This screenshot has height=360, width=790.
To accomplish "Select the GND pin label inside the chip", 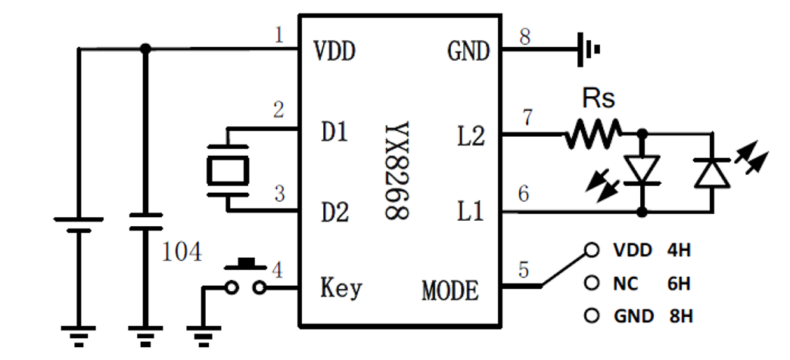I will [468, 52].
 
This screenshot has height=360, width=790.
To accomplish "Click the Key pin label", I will [341, 288].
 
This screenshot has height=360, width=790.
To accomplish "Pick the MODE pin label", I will [450, 290].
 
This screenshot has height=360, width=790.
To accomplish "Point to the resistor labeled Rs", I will [591, 135].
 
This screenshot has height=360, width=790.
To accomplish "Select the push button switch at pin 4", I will [247, 278].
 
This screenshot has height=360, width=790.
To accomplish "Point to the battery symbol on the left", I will [78, 225].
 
